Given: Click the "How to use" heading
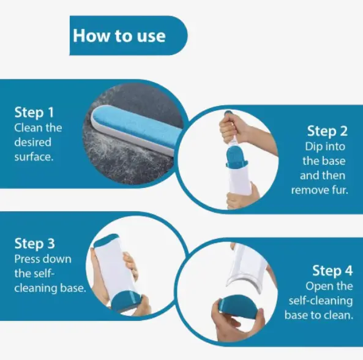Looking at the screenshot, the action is click(119, 36).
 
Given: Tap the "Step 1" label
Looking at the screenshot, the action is click(34, 113).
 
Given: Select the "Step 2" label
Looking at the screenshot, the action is click(327, 131).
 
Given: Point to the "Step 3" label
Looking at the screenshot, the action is click(35, 244).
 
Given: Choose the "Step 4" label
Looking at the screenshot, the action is click(332, 271).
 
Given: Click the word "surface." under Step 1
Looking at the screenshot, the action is click(34, 157).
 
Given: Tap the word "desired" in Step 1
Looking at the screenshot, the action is click(32, 142).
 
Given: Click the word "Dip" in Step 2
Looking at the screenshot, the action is click(312, 147).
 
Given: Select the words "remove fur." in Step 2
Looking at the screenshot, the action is click(320, 190).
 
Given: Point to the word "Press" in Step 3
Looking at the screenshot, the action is click(26, 259).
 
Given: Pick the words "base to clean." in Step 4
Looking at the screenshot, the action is click(319, 315).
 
